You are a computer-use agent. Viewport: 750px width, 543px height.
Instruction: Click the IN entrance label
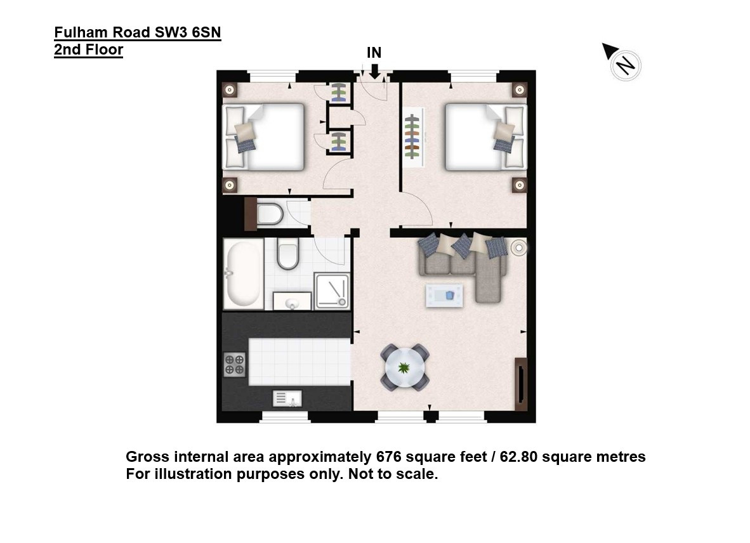coord(374,53)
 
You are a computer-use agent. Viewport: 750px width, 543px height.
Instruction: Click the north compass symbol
coord(622,62)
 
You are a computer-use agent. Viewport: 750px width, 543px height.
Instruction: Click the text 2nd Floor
coord(88,49)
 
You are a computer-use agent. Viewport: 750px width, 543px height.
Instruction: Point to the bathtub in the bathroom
coord(244,273)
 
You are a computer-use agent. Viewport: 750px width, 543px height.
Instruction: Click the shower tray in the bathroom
coord(331,291)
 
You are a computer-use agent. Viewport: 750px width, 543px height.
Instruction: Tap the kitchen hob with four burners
coord(235,364)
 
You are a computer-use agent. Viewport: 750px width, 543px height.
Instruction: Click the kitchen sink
coord(287,398)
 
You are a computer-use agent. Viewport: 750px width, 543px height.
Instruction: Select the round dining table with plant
coord(405,367)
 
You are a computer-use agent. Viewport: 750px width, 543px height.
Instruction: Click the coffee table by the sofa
coord(444,296)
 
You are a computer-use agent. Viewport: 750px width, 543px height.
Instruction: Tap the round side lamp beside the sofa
coord(519,247)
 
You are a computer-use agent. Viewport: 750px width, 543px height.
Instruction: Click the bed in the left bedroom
coord(264,137)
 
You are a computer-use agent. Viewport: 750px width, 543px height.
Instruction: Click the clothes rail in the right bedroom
coord(412,137)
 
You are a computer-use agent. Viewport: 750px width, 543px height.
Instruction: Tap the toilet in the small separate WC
coord(269,214)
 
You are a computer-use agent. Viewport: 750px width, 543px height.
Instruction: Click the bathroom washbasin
coord(292,302)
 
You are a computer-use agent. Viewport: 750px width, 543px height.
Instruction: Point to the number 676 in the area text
coord(388,457)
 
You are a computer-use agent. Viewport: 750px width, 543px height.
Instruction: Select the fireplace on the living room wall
coord(521,384)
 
